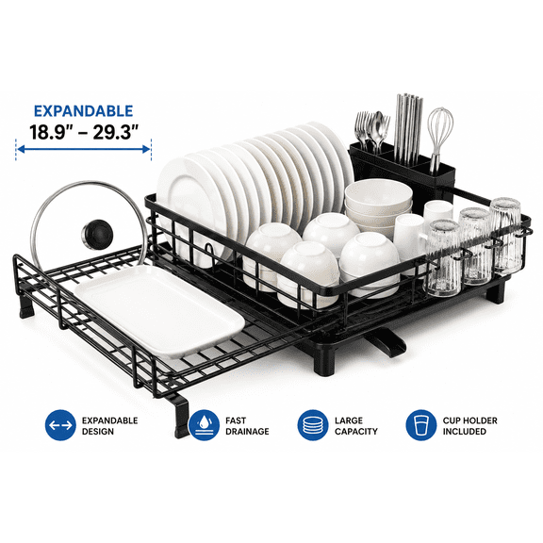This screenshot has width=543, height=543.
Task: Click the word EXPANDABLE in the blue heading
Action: coord(84,111)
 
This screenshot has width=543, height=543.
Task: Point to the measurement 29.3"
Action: coord(116,132)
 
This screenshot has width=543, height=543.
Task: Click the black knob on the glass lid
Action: coord(97,235)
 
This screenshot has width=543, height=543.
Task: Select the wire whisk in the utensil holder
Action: coord(439,139)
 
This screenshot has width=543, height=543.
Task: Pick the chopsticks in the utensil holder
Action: coord(409,129)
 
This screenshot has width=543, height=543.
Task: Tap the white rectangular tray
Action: coord(160,311)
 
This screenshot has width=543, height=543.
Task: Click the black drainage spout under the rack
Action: coord(387,341)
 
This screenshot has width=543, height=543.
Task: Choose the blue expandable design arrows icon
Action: coord(60,425)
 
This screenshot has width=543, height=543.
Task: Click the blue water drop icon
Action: coord(204,425)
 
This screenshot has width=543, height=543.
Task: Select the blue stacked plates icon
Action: coord(313,425)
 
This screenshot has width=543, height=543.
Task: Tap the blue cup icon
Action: coord(421,425)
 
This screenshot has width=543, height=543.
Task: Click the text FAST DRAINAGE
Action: coord(247,426)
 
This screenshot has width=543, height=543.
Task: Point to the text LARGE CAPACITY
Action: coord(356,426)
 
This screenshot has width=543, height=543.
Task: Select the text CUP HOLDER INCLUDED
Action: coord(469,426)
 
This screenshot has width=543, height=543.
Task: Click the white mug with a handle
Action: coord(410,236)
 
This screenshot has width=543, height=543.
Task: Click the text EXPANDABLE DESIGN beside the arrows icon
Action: coord(109,426)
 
